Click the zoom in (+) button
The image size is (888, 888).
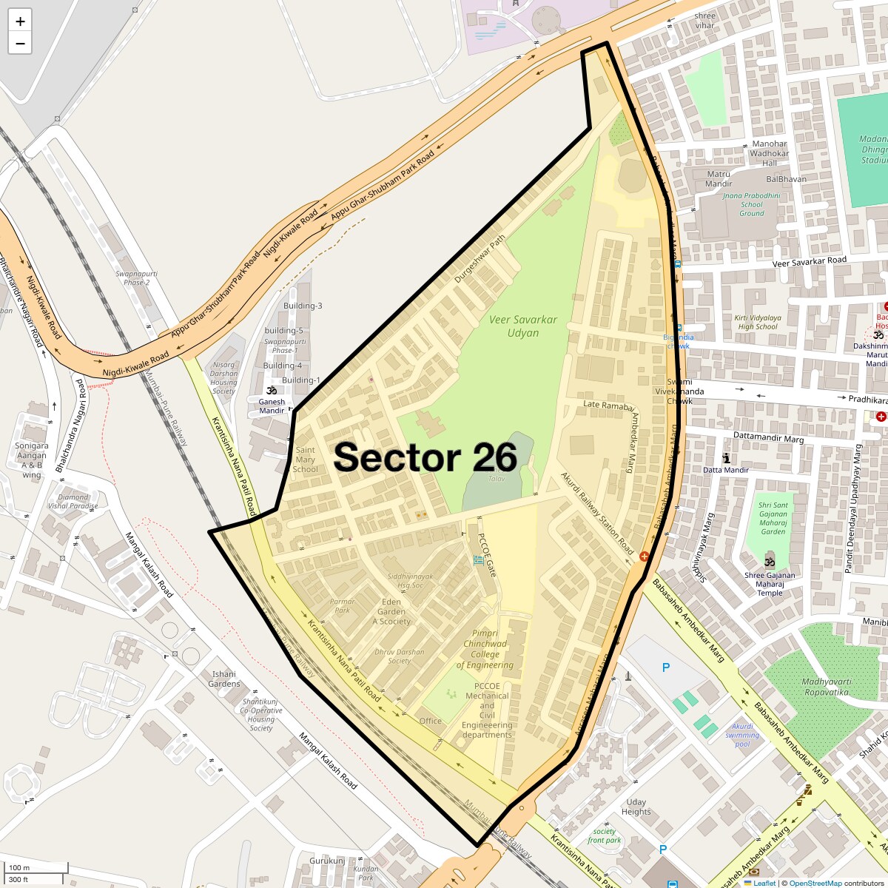pos(20,21)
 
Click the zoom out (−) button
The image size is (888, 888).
pos(20,43)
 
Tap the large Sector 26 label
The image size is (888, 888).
pos(425,457)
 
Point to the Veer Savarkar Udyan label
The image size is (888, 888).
pos(523,326)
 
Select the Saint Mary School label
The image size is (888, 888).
pos(305,460)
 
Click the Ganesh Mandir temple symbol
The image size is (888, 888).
pos(272,390)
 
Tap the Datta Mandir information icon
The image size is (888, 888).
pos(726,459)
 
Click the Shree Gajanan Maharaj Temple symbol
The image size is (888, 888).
pos(770,556)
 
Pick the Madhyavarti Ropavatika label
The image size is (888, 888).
pos(826,687)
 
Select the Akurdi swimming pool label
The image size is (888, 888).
pos(742,735)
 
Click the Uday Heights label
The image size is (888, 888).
pos(636,807)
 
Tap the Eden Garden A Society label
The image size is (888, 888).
pos(391,611)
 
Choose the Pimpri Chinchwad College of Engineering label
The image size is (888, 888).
pos(485,649)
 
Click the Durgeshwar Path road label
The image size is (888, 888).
pos(480,259)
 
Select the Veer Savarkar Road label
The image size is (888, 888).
pos(809,260)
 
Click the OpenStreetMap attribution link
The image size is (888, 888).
pos(815,883)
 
